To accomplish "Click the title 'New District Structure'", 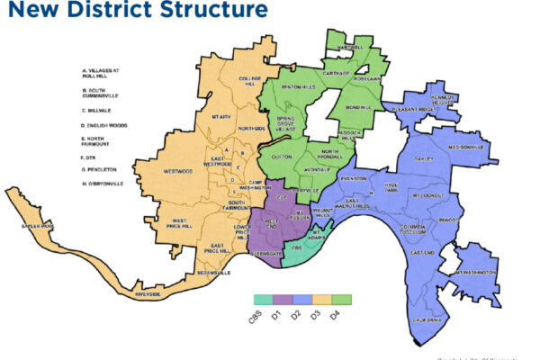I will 134,12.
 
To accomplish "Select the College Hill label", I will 249,83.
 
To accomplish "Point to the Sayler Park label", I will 38,226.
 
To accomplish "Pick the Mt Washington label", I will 475,270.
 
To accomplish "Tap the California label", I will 428,319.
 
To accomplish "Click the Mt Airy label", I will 222,117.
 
